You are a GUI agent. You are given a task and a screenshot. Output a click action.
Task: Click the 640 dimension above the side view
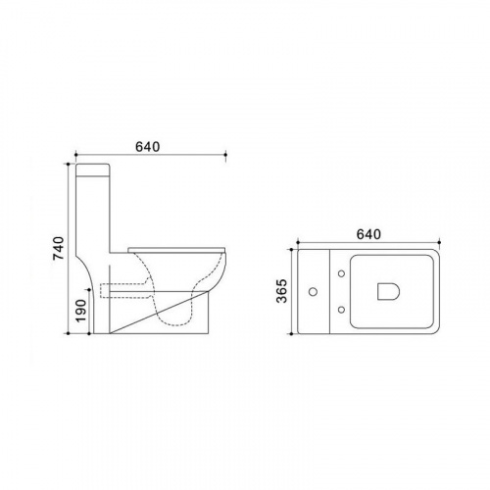(x=148, y=147)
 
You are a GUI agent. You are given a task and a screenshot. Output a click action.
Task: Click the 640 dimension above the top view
(x=368, y=234)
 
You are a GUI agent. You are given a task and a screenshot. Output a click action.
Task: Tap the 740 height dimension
(x=59, y=248)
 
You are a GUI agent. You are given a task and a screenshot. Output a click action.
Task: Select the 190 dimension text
(x=80, y=311)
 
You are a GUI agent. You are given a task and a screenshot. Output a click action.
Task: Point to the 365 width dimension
(x=281, y=291)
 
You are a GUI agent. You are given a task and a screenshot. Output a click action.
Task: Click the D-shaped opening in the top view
(x=388, y=291)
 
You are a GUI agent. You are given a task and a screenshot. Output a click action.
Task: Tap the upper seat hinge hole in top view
(x=341, y=273)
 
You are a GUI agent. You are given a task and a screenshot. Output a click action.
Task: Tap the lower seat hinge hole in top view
(x=341, y=309)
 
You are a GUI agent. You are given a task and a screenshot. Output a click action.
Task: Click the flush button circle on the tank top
(x=314, y=291)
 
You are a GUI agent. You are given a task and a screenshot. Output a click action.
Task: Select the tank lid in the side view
(x=92, y=170)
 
